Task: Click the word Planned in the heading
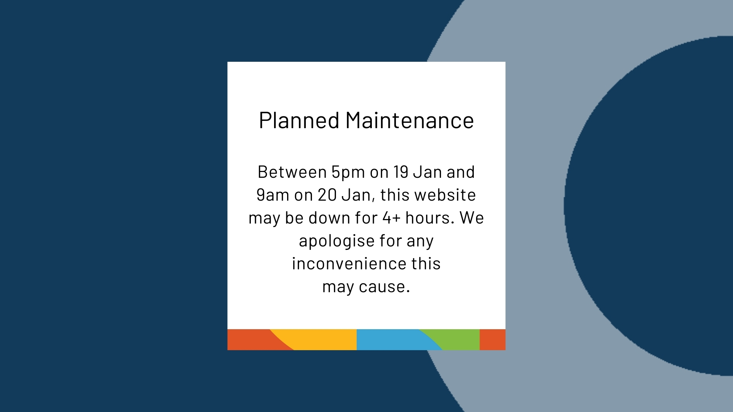point(299,121)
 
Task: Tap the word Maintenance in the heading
point(410,121)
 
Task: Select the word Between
point(292,172)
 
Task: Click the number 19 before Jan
point(401,172)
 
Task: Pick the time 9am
point(273,195)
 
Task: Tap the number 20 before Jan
point(327,195)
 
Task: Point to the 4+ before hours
point(391,218)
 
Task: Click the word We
point(472,218)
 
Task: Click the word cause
point(384,286)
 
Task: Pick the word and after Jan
point(461,172)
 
